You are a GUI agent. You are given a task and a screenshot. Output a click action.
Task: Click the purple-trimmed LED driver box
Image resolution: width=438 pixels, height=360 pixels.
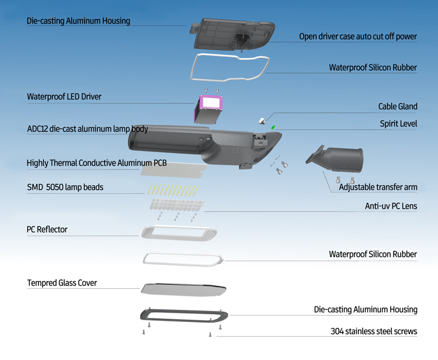(x=208, y=109)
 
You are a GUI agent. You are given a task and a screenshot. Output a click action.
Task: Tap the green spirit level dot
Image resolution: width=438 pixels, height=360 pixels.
(x=273, y=127)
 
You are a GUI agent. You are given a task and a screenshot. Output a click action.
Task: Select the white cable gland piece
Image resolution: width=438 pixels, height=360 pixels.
(x=262, y=121)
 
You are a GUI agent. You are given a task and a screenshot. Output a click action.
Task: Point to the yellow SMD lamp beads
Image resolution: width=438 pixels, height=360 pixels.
(x=173, y=190)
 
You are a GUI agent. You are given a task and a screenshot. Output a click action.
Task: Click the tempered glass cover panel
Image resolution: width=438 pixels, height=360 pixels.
(x=183, y=289)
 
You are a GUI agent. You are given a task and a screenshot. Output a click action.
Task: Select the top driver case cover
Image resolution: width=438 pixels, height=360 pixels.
(x=232, y=34)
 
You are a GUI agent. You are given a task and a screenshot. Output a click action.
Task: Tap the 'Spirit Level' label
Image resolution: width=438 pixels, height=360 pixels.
(x=398, y=123)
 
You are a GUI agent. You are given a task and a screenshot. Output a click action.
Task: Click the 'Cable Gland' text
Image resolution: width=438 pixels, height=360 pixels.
(x=398, y=106)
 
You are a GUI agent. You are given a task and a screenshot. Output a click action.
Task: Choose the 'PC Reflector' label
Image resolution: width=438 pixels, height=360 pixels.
(x=47, y=230)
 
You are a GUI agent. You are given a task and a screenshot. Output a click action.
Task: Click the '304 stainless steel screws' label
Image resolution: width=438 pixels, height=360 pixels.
(x=374, y=331)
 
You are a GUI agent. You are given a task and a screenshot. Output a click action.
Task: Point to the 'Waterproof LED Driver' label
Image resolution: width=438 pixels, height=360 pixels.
(x=64, y=96)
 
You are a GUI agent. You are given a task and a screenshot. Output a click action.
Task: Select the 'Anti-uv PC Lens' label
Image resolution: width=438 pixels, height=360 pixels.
(x=391, y=206)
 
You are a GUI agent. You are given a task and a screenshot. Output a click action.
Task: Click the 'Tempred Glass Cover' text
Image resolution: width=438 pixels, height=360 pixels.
(x=62, y=283)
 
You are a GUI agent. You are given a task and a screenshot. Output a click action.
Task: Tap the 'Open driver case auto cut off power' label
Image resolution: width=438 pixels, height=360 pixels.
(x=358, y=36)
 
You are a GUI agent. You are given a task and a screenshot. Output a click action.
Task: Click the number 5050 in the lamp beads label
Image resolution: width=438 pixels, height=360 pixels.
(x=54, y=187)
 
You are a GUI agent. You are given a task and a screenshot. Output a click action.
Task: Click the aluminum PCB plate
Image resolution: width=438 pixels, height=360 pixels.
(x=174, y=169)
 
